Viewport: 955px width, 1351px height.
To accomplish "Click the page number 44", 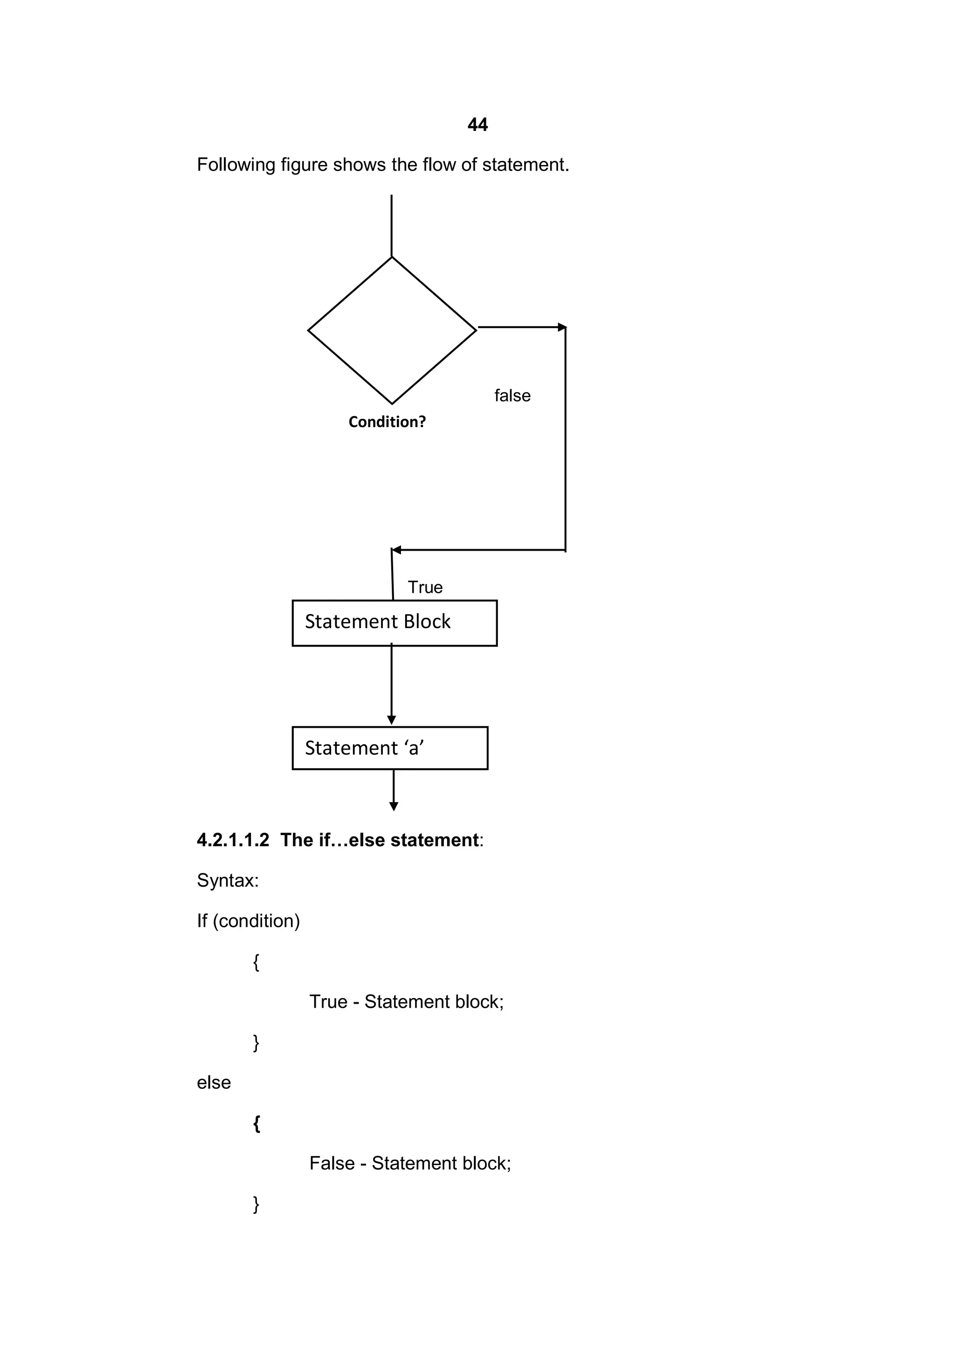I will [x=477, y=125].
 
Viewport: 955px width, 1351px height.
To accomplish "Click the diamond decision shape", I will [x=392, y=330].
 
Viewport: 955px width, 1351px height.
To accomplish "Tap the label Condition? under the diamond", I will [x=387, y=422].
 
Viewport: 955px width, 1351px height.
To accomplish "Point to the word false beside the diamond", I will [x=512, y=395].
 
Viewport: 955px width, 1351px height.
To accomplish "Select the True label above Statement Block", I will [x=425, y=587].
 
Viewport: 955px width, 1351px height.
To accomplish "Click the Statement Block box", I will [x=394, y=622].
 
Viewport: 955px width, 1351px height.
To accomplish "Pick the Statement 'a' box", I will [x=389, y=748].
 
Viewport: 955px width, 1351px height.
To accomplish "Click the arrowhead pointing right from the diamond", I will [x=562, y=327].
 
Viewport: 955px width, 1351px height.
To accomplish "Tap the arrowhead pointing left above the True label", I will [x=396, y=550].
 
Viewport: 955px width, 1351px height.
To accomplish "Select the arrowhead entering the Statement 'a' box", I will [x=391, y=720].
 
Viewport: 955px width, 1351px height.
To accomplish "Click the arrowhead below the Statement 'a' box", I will [x=394, y=806].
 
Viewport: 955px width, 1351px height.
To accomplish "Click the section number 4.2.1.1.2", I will [x=233, y=840].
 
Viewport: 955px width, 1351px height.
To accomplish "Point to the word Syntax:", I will [x=228, y=880].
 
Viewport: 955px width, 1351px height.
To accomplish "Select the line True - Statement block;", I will [x=407, y=1001].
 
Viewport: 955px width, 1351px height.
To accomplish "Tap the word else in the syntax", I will [x=214, y=1082].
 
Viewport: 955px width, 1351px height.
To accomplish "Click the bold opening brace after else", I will [x=256, y=1124].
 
